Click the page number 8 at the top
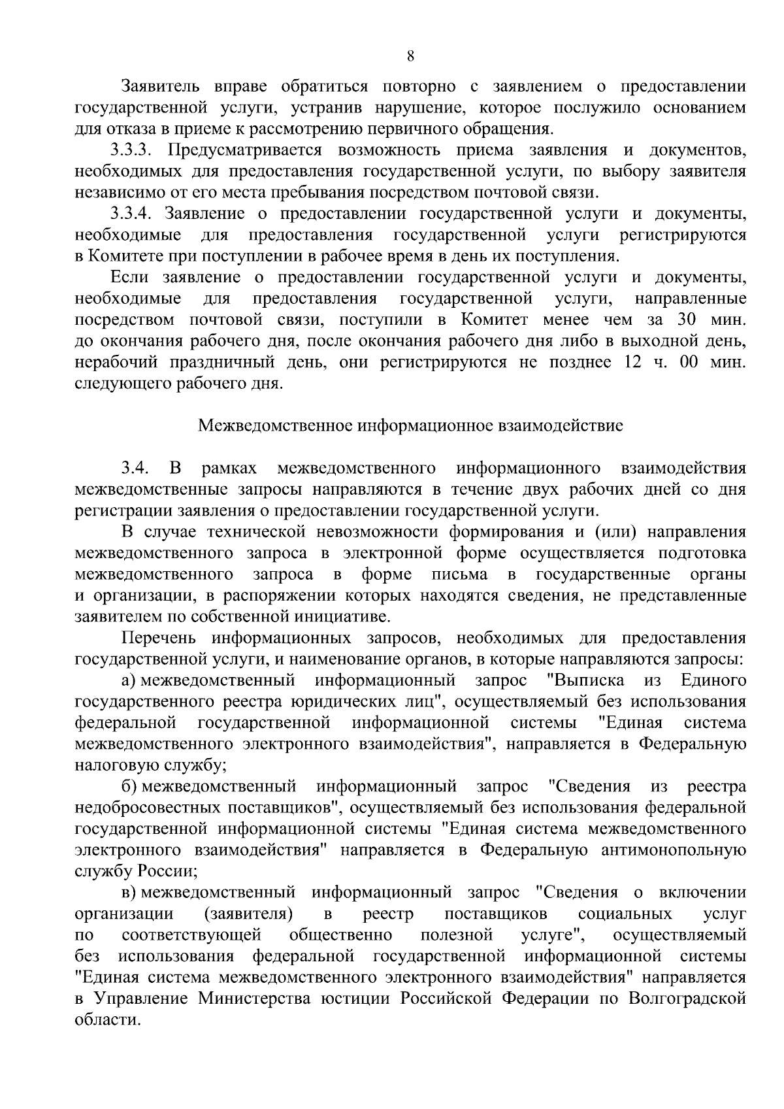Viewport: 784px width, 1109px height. click(410, 56)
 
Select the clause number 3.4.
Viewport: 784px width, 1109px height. click(136, 469)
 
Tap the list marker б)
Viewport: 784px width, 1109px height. click(129, 786)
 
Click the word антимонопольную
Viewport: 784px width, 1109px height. click(679, 850)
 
